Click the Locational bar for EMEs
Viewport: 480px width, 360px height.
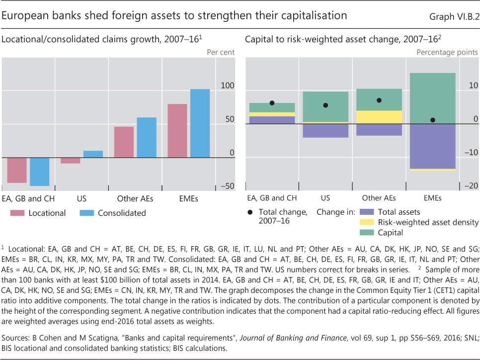pyautogui.click(x=177, y=131)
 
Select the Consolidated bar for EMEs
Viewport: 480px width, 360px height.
pyautogui.click(x=200, y=123)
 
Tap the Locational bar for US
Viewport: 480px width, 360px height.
pyautogui.click(x=70, y=161)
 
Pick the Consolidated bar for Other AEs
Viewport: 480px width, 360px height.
pyautogui.click(x=147, y=138)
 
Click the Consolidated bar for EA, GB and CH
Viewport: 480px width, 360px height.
pyautogui.click(x=39, y=172)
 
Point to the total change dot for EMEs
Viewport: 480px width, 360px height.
pyautogui.click(x=433, y=120)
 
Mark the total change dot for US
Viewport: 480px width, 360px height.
pyautogui.click(x=325, y=105)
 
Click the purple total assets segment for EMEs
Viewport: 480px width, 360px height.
pyautogui.click(x=433, y=146)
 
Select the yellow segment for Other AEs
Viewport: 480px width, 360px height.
pyautogui.click(x=379, y=117)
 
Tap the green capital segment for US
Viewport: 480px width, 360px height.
pyautogui.click(x=325, y=107)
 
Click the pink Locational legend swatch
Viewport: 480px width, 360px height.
pyautogui.click(x=17, y=213)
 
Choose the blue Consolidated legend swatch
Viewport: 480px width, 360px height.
pyautogui.click(x=86, y=213)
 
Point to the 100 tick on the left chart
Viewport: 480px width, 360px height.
pyautogui.click(x=227, y=86)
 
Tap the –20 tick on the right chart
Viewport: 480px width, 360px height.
pyautogui.click(x=471, y=186)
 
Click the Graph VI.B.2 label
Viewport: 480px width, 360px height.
pyautogui.click(x=453, y=16)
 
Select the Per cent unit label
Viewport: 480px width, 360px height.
pyautogui.click(x=221, y=52)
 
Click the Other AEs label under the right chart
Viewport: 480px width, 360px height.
pyautogui.click(x=379, y=198)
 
